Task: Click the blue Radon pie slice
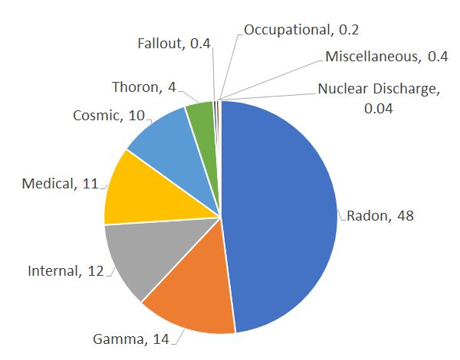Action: coord(284,214)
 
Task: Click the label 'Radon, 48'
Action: coord(380,215)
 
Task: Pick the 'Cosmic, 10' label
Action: coord(108,116)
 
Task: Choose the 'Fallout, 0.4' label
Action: coord(172,44)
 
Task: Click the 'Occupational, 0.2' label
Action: coord(301,31)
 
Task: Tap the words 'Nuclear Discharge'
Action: coord(379,90)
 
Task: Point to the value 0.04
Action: coord(379,108)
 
